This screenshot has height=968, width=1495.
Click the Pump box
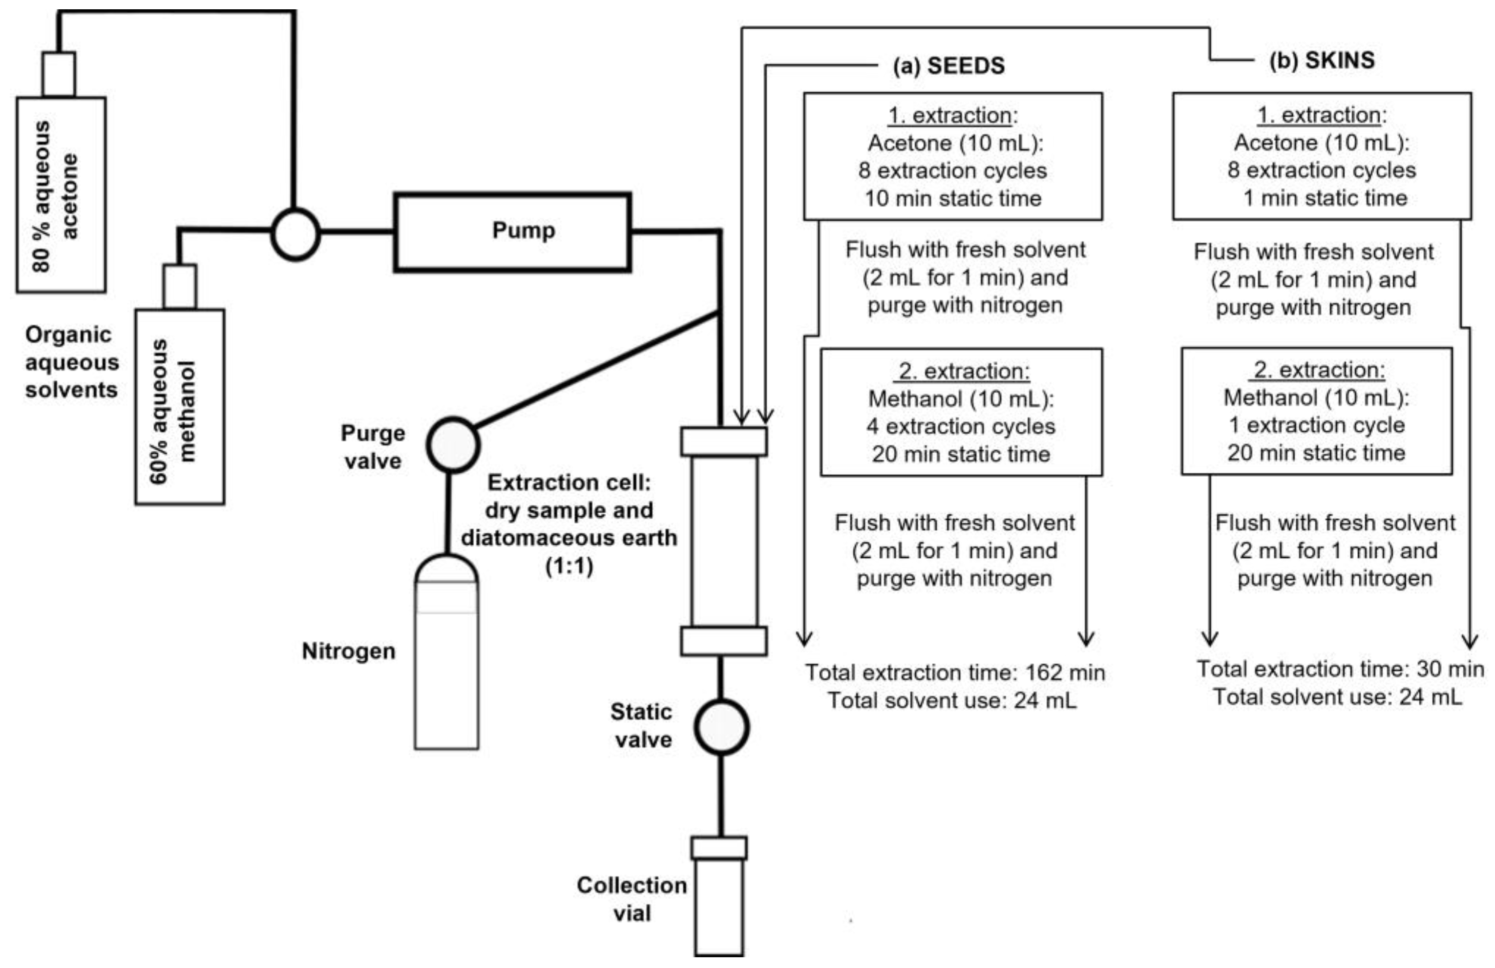click(512, 232)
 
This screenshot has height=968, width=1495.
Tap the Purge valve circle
click(453, 444)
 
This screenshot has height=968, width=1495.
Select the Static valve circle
click(721, 726)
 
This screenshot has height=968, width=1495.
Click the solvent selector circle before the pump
click(295, 233)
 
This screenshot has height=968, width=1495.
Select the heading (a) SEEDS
click(948, 66)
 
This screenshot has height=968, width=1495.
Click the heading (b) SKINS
click(1322, 60)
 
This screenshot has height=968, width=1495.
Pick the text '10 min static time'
click(953, 198)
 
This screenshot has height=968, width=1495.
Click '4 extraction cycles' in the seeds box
click(960, 426)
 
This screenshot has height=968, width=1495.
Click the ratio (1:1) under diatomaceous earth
click(569, 566)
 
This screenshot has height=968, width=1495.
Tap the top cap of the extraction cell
click(724, 441)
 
